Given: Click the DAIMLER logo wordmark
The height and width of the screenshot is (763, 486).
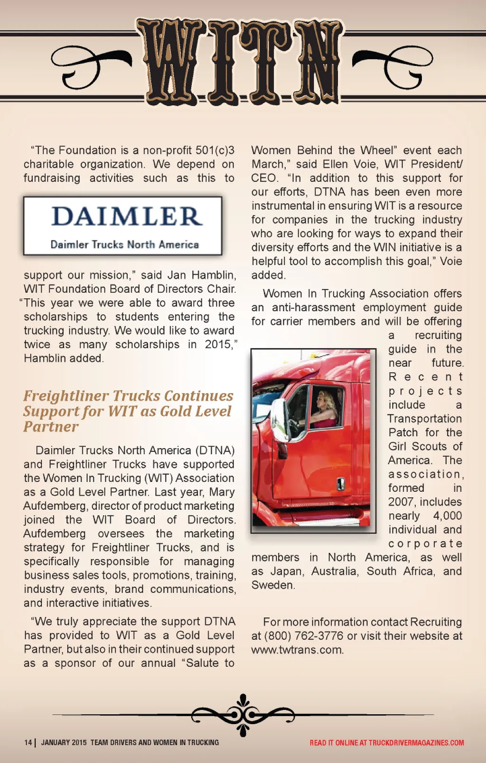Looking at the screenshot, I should pos(127,216).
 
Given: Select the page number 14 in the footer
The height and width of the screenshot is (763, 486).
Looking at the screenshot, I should pos(28,743).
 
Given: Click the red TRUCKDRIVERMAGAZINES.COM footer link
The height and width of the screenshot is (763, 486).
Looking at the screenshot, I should pos(416,743).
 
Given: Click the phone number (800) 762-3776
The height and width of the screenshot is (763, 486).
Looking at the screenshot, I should pos(304,636).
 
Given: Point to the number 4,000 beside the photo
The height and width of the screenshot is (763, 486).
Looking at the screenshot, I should pos(447,515).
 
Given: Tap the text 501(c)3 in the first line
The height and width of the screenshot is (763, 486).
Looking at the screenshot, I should pos(215,150).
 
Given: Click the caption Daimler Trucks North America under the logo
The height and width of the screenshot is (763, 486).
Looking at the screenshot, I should pos(124,245).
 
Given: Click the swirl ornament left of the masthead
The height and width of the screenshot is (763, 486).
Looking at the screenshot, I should pos(90,66).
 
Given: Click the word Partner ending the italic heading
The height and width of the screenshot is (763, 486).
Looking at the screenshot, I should pos(51,427).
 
